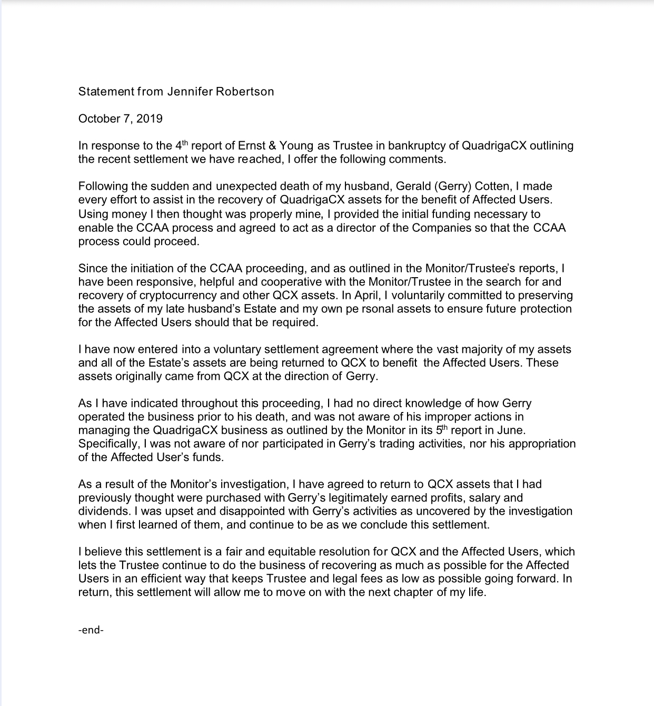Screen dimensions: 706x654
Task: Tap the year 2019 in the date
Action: click(150, 119)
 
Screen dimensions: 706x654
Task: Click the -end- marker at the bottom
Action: click(91, 630)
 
